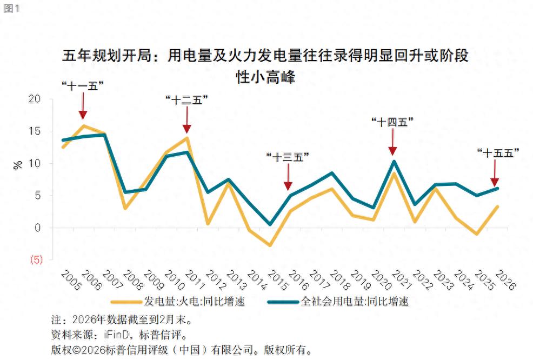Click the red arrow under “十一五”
[83, 106]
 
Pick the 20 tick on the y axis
[34, 99]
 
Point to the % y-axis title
[18, 165]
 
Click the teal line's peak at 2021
[394, 162]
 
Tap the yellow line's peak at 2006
[84, 126]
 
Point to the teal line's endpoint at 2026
[497, 188]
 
